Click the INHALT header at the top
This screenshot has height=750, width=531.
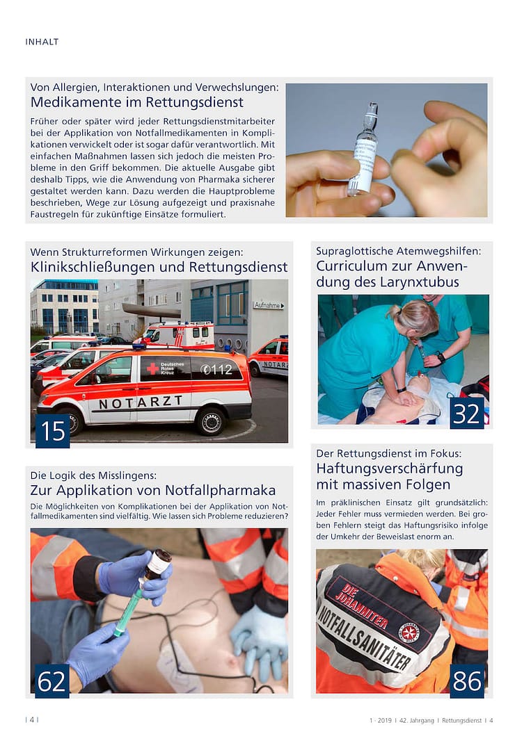coord(42,42)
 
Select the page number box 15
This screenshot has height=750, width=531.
coord(52,431)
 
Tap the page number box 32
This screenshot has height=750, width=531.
coord(466,413)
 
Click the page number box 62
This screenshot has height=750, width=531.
coord(52,681)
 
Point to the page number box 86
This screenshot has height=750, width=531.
coord(466,681)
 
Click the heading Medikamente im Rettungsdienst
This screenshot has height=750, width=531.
coord(136,102)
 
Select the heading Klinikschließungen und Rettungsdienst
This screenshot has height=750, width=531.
coord(159,267)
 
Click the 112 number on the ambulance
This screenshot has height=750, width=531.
coord(217,370)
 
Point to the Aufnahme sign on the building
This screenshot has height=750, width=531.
coord(268,305)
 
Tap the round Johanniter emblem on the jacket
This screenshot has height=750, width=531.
coord(409,632)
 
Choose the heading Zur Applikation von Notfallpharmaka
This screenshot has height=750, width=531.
coord(153,490)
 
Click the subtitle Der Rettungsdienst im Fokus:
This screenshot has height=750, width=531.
coord(388,453)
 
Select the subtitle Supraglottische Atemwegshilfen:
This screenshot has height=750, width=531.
coord(398,251)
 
